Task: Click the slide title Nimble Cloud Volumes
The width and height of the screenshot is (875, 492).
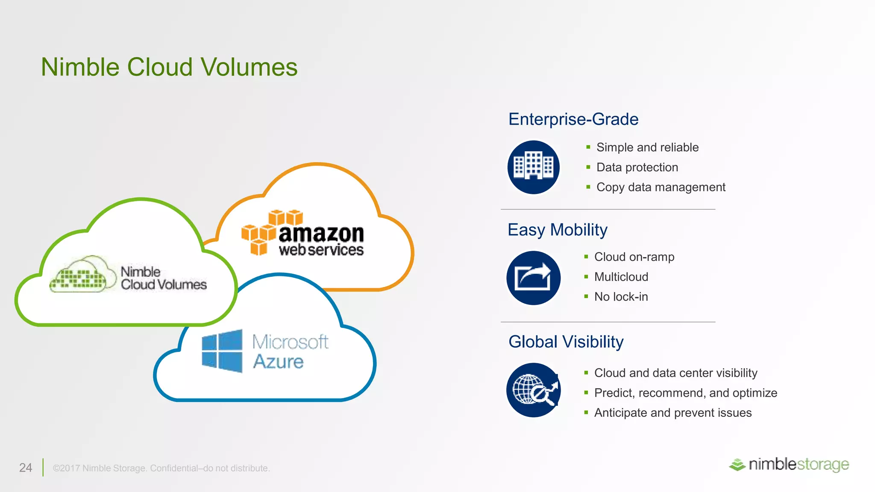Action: pyautogui.click(x=169, y=67)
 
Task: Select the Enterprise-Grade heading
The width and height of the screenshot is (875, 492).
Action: pyautogui.click(x=573, y=119)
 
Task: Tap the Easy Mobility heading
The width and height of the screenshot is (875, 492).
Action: pyautogui.click(x=557, y=230)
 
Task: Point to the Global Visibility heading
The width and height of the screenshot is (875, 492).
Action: pyautogui.click(x=566, y=342)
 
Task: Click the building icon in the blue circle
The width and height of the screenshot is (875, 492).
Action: pyautogui.click(x=533, y=167)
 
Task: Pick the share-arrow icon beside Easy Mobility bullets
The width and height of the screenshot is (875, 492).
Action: pyautogui.click(x=533, y=278)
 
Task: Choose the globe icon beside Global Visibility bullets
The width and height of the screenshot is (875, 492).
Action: pyautogui.click(x=533, y=390)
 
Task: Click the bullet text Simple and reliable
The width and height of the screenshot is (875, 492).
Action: pyautogui.click(x=647, y=147)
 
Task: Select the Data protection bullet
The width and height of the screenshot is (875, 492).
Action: pyautogui.click(x=637, y=167)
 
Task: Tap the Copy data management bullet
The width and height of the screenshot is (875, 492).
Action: pyautogui.click(x=661, y=187)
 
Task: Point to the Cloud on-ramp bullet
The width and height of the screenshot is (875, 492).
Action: pyautogui.click(x=634, y=257)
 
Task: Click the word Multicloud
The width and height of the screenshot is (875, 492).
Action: pyautogui.click(x=621, y=277)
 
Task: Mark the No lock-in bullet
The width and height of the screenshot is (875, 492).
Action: pyautogui.click(x=621, y=296)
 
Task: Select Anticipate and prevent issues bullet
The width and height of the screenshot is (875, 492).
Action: pyautogui.click(x=672, y=413)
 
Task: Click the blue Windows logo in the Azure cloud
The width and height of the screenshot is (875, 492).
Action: pyautogui.click(x=222, y=351)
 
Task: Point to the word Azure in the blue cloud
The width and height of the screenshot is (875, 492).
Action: pyautogui.click(x=278, y=361)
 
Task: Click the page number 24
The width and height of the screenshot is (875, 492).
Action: pyautogui.click(x=26, y=468)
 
